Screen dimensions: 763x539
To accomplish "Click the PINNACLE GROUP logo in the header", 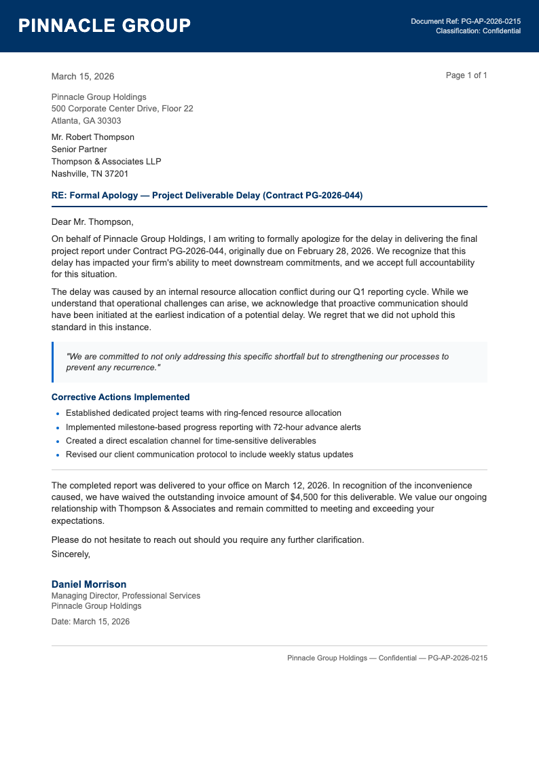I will [x=105, y=26].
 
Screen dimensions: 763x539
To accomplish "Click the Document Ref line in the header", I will [x=466, y=22].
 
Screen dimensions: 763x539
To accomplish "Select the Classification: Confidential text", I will [x=478, y=31].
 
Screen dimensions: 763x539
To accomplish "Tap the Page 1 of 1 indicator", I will [x=466, y=75].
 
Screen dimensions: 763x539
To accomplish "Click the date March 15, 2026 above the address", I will [x=83, y=77].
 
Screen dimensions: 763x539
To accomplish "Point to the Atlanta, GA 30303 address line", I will [x=86, y=121].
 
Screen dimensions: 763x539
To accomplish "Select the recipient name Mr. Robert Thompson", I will [x=93, y=137].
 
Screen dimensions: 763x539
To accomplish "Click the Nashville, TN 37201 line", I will [x=90, y=174].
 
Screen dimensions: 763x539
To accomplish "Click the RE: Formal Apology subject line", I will [x=207, y=196].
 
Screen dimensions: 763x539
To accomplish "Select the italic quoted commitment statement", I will [x=257, y=362].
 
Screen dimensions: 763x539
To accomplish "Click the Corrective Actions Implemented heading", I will [x=121, y=397].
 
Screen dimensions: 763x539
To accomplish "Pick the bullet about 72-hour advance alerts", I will [x=213, y=427].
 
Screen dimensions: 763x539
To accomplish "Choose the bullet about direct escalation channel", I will [x=192, y=441].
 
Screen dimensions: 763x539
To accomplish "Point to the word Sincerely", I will [x=71, y=554].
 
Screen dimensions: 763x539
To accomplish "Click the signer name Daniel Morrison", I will [x=89, y=584].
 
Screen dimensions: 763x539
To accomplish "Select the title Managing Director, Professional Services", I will [x=126, y=596].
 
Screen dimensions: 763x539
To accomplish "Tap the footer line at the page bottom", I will [x=387, y=658].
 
